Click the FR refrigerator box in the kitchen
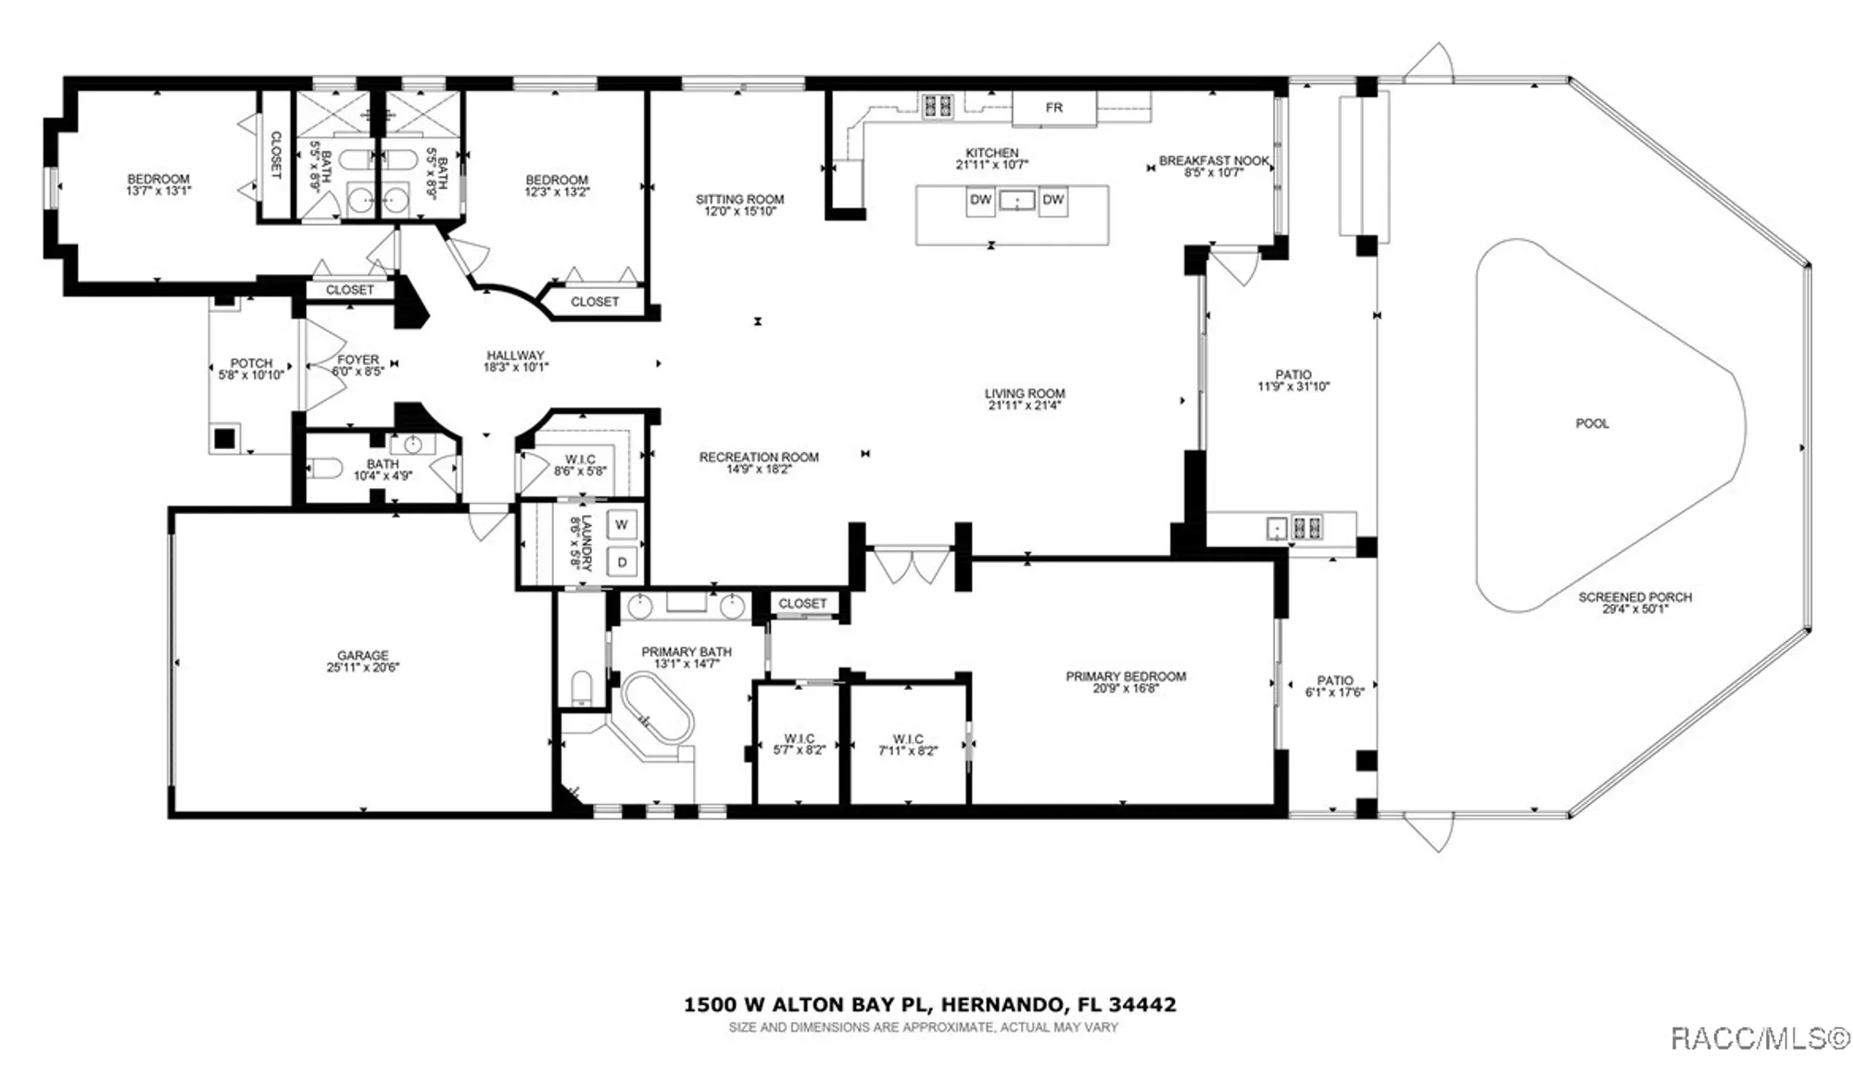pyautogui.click(x=1053, y=108)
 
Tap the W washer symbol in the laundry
pyautogui.click(x=622, y=525)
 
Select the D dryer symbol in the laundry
pyautogui.click(x=622, y=562)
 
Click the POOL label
pyautogui.click(x=1592, y=423)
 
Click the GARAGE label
pyautogui.click(x=362, y=655)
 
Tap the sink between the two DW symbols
pyautogui.click(x=1016, y=200)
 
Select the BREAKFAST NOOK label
pyautogui.click(x=1213, y=161)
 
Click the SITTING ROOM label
pyautogui.click(x=739, y=199)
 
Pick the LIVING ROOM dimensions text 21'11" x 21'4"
pyautogui.click(x=1024, y=406)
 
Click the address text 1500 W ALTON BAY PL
pyautogui.click(x=811, y=1005)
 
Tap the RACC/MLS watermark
pyautogui.click(x=1759, y=1038)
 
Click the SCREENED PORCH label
pyautogui.click(x=1634, y=597)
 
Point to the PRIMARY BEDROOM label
pyautogui.click(x=1125, y=677)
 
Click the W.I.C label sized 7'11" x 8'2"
pyautogui.click(x=907, y=739)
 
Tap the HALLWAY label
pyautogui.click(x=515, y=356)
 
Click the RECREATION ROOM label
pyautogui.click(x=758, y=457)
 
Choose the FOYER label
pyautogui.click(x=358, y=360)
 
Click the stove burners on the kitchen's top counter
pyautogui.click(x=937, y=106)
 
